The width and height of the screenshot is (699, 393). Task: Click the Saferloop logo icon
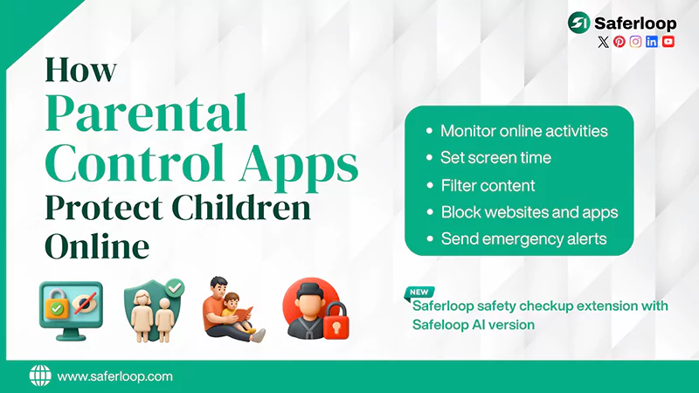click(x=578, y=22)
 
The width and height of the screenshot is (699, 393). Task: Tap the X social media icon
click(x=603, y=42)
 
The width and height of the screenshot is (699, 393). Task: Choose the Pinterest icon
click(x=619, y=42)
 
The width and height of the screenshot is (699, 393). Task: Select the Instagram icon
click(x=636, y=42)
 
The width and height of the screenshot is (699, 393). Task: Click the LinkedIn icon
click(x=652, y=42)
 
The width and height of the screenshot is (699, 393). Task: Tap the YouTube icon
click(x=668, y=42)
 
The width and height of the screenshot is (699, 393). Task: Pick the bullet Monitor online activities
click(x=523, y=131)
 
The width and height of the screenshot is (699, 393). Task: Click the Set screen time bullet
click(x=495, y=158)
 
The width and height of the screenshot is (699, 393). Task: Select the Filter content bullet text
click(x=488, y=185)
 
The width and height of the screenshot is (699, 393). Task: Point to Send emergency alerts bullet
click(x=523, y=238)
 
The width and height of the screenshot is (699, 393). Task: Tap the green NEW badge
click(x=420, y=292)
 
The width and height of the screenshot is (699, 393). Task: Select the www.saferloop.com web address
click(x=114, y=376)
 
